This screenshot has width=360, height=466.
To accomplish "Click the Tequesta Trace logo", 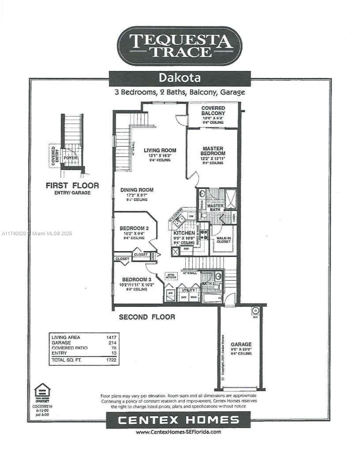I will (180, 46).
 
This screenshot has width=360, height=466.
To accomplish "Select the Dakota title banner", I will (180, 78).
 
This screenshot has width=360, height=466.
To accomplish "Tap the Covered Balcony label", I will (213, 111).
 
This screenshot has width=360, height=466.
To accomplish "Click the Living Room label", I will (160, 150).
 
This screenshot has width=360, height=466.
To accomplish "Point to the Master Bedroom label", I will (213, 151).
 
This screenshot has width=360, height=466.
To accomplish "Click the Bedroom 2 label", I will (134, 229).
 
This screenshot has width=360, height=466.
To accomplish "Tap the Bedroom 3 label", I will (137, 280).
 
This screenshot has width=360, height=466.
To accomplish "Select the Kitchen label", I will (184, 233).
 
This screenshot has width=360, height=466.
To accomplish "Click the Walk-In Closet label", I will (224, 240).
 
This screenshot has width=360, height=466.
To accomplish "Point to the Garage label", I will (241, 344).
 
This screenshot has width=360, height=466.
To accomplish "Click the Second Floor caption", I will (147, 317).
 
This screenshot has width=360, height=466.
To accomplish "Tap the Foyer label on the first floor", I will (70, 158).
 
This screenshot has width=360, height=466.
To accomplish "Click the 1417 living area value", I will (111, 337).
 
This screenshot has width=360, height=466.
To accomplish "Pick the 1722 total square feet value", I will (111, 360).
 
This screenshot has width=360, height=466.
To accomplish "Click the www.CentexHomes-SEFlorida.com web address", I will (178, 432).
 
